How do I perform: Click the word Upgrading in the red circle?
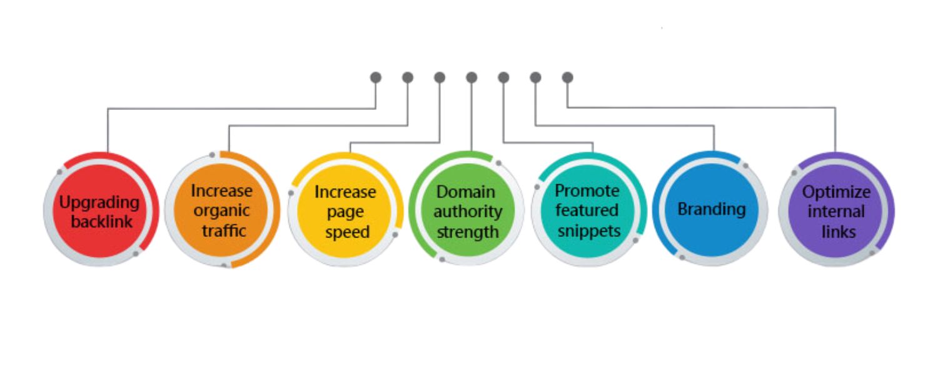tap(99, 202)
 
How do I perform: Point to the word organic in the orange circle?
tap(221, 211)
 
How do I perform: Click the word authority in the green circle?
tap(468, 211)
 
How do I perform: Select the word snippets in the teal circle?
tap(588, 231)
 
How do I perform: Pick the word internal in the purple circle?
tap(836, 211)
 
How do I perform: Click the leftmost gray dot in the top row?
tap(376, 77)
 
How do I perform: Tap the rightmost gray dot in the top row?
tap(567, 77)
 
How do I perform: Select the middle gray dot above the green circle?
tap(472, 77)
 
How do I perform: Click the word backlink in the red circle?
tap(101, 221)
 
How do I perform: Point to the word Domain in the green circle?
tap(465, 191)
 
